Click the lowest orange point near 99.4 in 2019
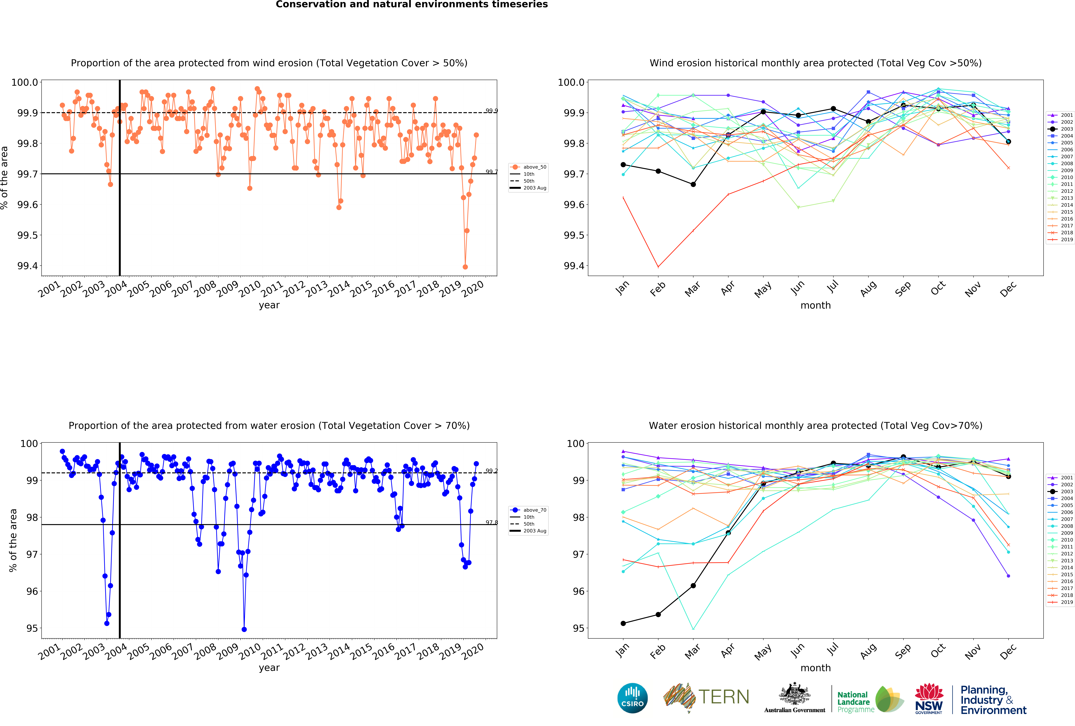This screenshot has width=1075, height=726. (465, 267)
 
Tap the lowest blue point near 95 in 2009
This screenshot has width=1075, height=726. (244, 629)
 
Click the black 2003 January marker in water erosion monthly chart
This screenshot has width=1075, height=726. (623, 623)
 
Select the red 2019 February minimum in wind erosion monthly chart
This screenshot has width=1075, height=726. (658, 267)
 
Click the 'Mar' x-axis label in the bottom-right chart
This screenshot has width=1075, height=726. (692, 651)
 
